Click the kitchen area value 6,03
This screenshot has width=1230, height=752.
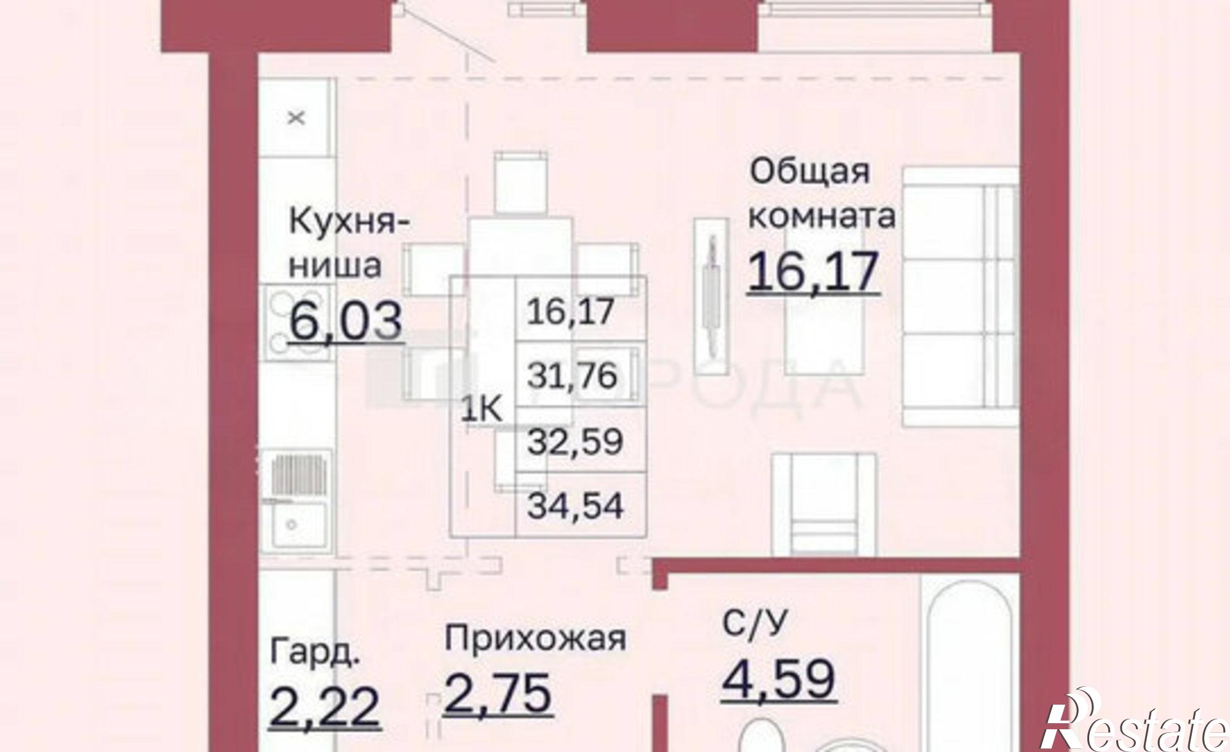[x=346, y=321]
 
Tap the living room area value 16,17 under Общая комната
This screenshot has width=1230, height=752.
[x=813, y=272]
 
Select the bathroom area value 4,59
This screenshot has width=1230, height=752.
[x=779, y=679]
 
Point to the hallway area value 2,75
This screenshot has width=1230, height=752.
[x=497, y=693]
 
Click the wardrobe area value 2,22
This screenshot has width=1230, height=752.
[x=324, y=706]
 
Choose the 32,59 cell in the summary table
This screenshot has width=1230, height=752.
[x=574, y=441]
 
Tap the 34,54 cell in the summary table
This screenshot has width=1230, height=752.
[x=576, y=507]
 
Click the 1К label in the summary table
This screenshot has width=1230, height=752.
[x=482, y=411]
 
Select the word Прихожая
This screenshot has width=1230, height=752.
[x=535, y=639]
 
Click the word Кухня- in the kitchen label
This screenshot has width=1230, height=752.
[x=348, y=222]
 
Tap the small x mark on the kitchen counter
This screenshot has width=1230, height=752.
[x=296, y=117]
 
